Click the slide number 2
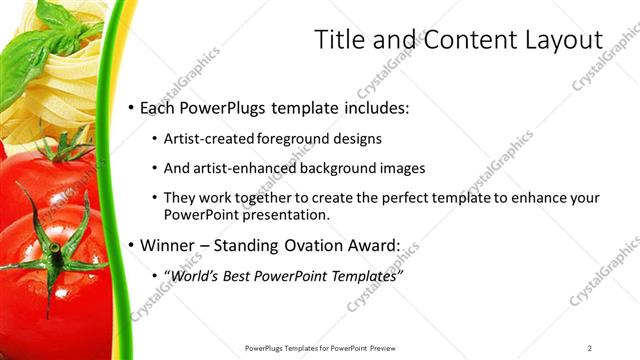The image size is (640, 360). pos(589,348)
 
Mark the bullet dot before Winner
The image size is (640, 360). pos(130,245)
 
